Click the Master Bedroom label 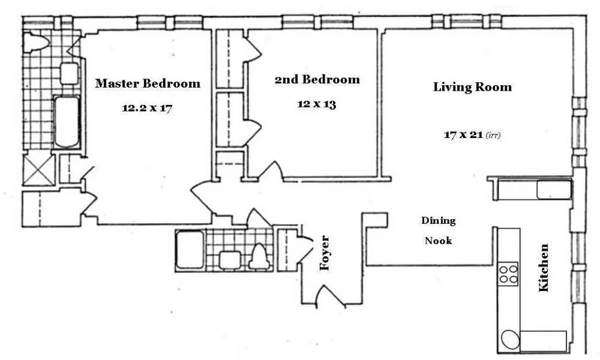[148, 83]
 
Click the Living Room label [472, 87]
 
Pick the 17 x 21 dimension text [463, 135]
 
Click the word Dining [438, 221]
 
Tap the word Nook [438, 241]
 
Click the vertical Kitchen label [544, 268]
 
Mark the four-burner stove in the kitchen [508, 273]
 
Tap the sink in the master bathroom [69, 73]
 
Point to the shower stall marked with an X [38, 170]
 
